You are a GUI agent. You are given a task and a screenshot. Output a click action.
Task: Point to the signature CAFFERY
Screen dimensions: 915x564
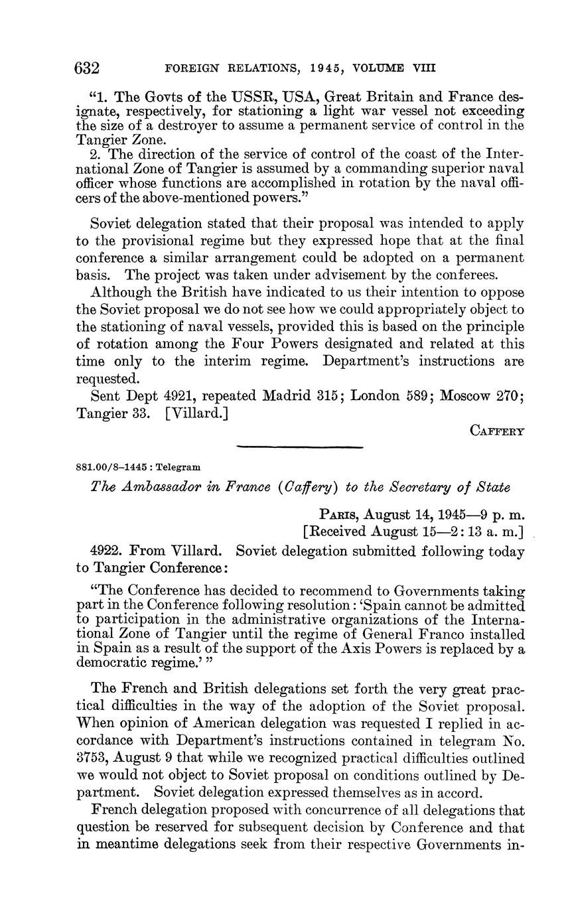498,431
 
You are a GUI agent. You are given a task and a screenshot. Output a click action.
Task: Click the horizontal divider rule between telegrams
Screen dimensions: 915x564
300,448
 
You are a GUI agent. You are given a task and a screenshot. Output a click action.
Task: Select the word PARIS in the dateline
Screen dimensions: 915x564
340,514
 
